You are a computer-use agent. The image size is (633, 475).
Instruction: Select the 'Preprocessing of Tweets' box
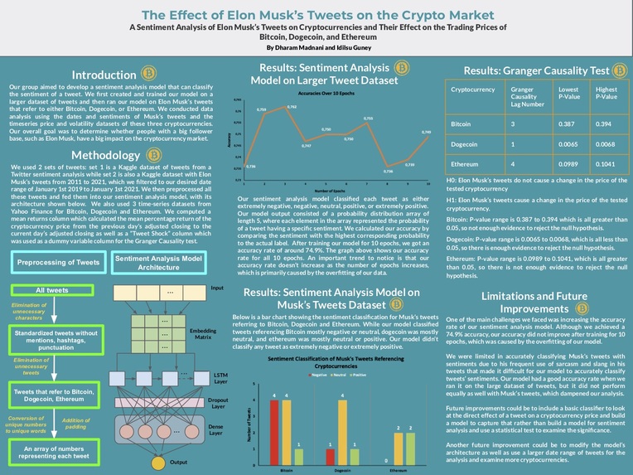point(54,263)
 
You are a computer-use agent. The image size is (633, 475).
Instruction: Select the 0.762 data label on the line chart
point(292,107)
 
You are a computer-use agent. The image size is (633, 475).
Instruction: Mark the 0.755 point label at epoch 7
point(368,119)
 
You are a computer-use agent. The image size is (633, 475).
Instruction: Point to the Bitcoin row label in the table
point(461,123)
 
